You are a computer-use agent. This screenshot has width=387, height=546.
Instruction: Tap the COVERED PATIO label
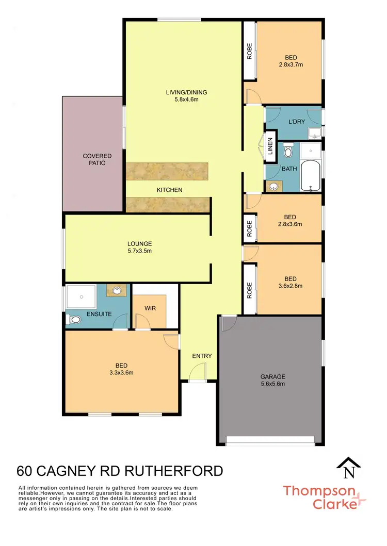click(x=98, y=159)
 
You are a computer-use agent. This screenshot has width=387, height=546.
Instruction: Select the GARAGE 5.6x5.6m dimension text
click(x=272, y=384)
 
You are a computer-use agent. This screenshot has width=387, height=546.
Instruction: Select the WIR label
click(x=150, y=308)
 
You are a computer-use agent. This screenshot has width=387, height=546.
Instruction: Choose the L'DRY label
click(x=295, y=121)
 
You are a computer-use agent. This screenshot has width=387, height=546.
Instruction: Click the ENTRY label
click(x=202, y=356)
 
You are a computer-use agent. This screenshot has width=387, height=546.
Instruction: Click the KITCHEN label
click(x=170, y=190)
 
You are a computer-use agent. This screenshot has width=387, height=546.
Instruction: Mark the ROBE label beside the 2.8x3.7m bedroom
click(x=249, y=51)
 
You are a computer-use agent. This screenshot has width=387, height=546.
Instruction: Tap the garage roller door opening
click(x=270, y=440)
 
